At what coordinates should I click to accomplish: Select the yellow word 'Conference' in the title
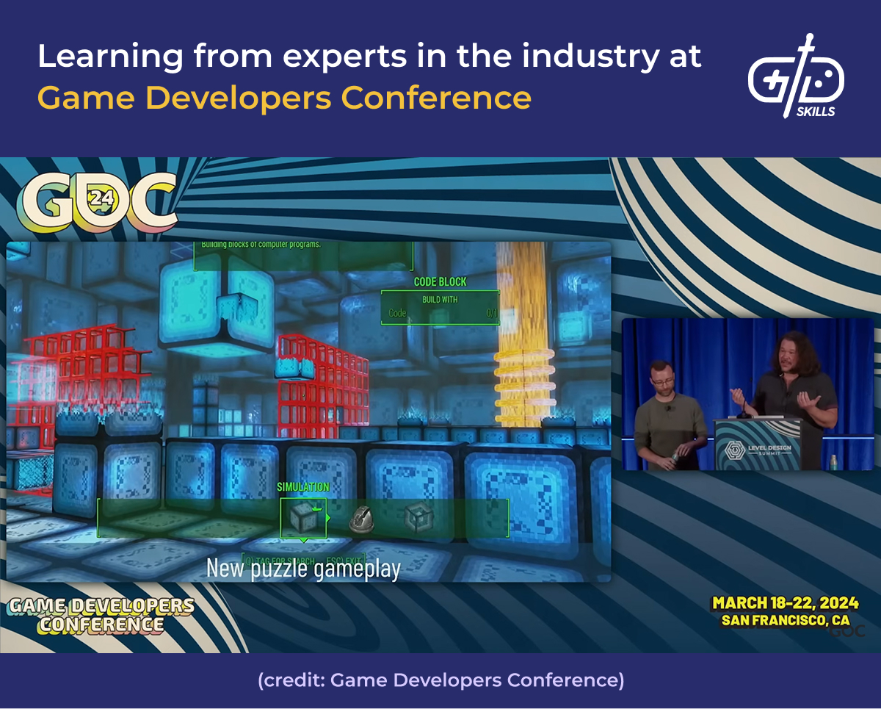click(437, 97)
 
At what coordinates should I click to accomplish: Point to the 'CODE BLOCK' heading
click(440, 281)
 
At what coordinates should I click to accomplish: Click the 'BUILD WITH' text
click(440, 300)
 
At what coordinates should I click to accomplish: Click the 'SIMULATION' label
click(302, 486)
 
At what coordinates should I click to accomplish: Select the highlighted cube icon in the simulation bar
click(302, 518)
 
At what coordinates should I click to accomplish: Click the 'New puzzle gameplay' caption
click(303, 568)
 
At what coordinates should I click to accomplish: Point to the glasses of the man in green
click(661, 375)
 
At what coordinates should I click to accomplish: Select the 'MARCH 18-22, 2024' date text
click(785, 603)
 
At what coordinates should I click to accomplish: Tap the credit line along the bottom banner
click(440, 680)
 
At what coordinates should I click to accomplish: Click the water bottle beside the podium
click(833, 461)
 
